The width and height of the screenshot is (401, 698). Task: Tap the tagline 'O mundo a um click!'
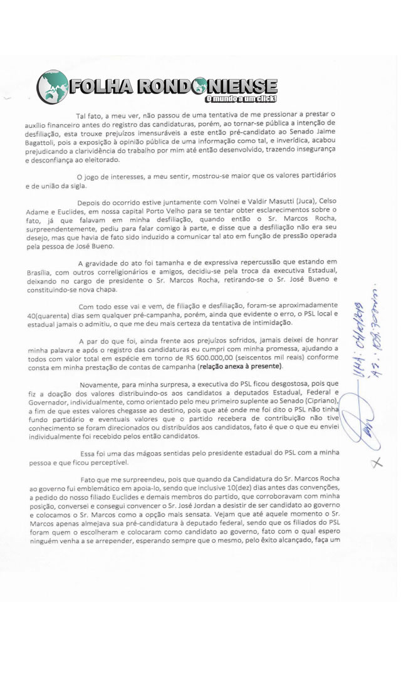point(241,100)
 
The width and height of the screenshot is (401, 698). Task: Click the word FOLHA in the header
point(100,85)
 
